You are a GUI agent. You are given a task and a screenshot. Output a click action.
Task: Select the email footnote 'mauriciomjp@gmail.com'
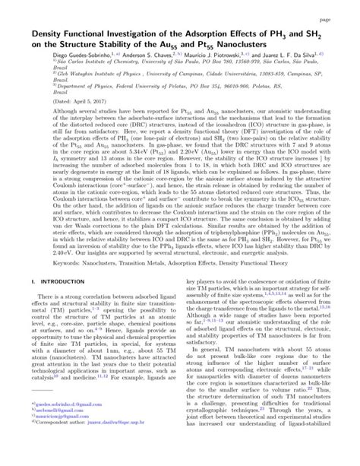pyautogui.click(x=55, y=441)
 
